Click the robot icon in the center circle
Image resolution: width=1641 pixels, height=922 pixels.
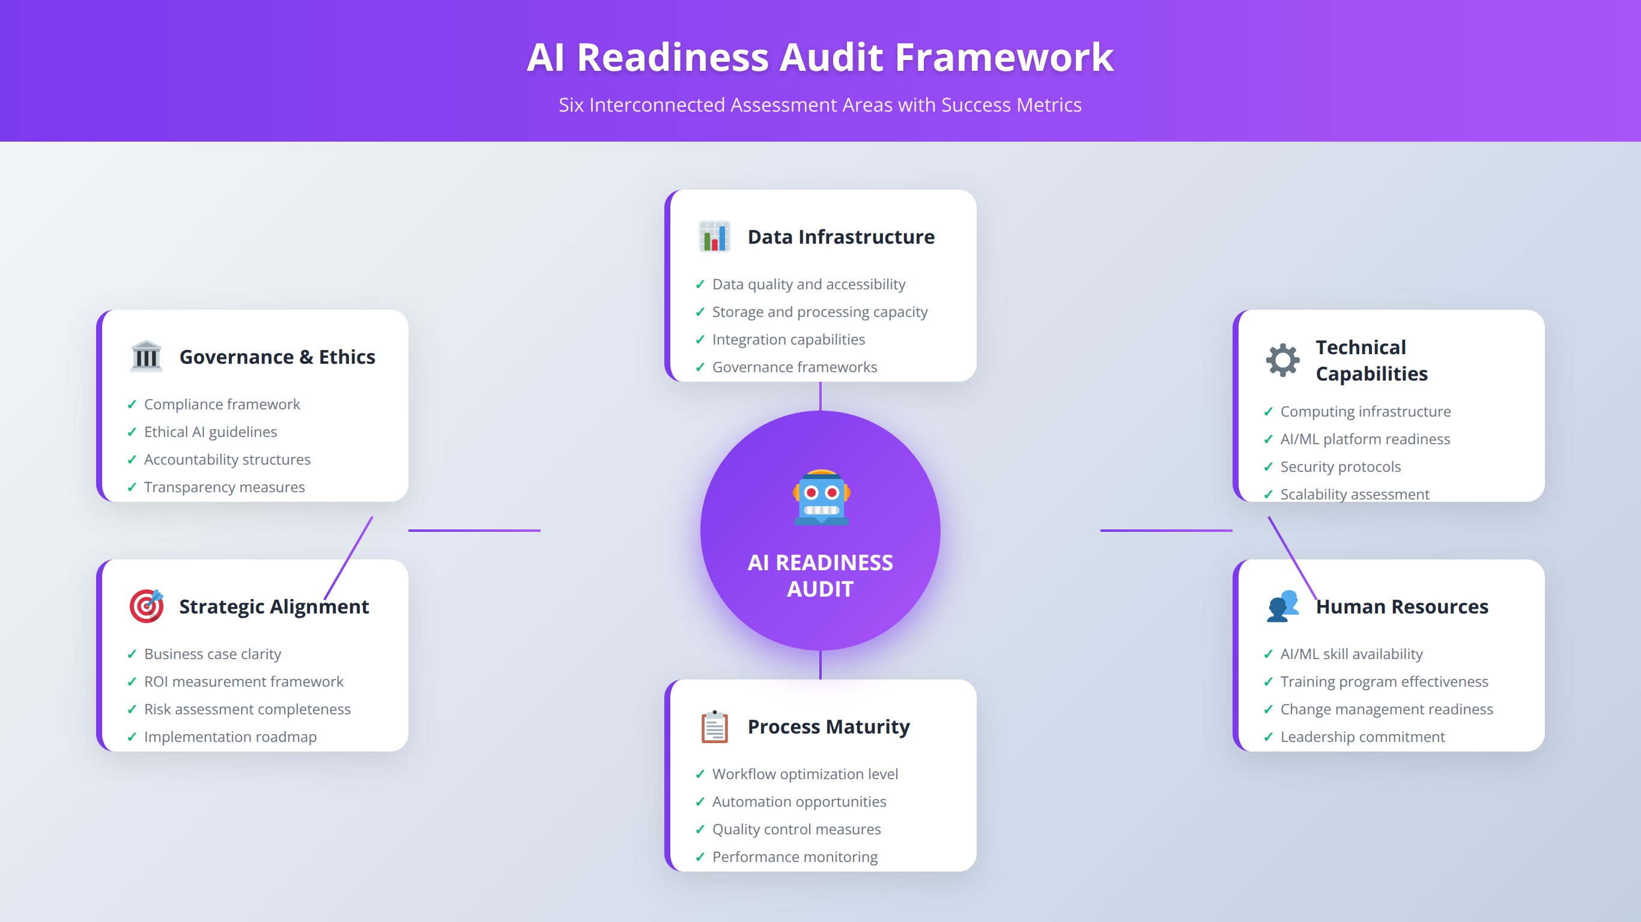821,497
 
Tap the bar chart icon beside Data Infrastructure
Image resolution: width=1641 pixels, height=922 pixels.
714,237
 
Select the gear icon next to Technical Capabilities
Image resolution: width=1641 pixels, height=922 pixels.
1282,360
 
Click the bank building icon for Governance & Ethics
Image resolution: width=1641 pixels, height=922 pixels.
147,357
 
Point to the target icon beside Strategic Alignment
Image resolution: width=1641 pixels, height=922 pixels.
147,606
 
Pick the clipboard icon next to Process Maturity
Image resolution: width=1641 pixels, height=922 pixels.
714,726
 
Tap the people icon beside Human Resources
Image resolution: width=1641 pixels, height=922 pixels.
1282,606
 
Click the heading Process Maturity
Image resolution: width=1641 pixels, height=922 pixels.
828,726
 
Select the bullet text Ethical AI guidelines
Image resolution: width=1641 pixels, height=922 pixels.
210,432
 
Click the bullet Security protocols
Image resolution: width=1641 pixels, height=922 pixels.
1340,467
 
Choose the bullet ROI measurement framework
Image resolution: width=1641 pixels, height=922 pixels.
243,681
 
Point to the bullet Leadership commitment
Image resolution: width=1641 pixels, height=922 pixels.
1362,737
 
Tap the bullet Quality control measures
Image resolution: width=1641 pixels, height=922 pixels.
796,829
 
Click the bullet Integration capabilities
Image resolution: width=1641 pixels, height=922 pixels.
788,339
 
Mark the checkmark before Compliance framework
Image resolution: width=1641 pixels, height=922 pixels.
132,405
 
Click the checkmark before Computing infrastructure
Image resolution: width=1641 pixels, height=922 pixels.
1269,411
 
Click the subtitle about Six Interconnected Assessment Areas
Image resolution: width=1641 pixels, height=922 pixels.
820,104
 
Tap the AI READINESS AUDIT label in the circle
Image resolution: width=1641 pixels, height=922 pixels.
820,576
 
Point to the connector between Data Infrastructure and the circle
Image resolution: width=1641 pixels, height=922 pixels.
820,396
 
